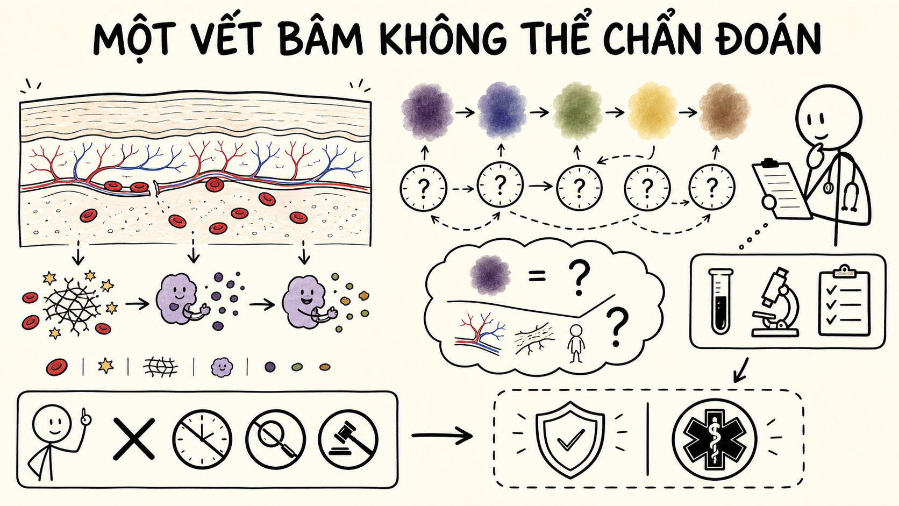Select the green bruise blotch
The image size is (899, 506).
coord(577,111)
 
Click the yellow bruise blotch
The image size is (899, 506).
coord(653,111)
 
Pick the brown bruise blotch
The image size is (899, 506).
coord(724,111)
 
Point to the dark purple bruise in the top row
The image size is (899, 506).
coord(427,112)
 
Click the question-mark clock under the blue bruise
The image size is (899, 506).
coord(500,184)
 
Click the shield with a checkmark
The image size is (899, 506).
coord(570,440)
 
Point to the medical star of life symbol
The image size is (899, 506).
coord(715,439)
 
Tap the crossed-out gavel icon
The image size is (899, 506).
coord(348,439)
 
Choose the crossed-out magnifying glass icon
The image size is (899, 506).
coord(275,439)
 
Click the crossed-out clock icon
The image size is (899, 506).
coord(202,439)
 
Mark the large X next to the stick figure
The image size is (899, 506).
coord(134,439)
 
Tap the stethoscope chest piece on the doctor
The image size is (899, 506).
coord(827,187)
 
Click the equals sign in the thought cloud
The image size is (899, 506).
coord(537,276)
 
